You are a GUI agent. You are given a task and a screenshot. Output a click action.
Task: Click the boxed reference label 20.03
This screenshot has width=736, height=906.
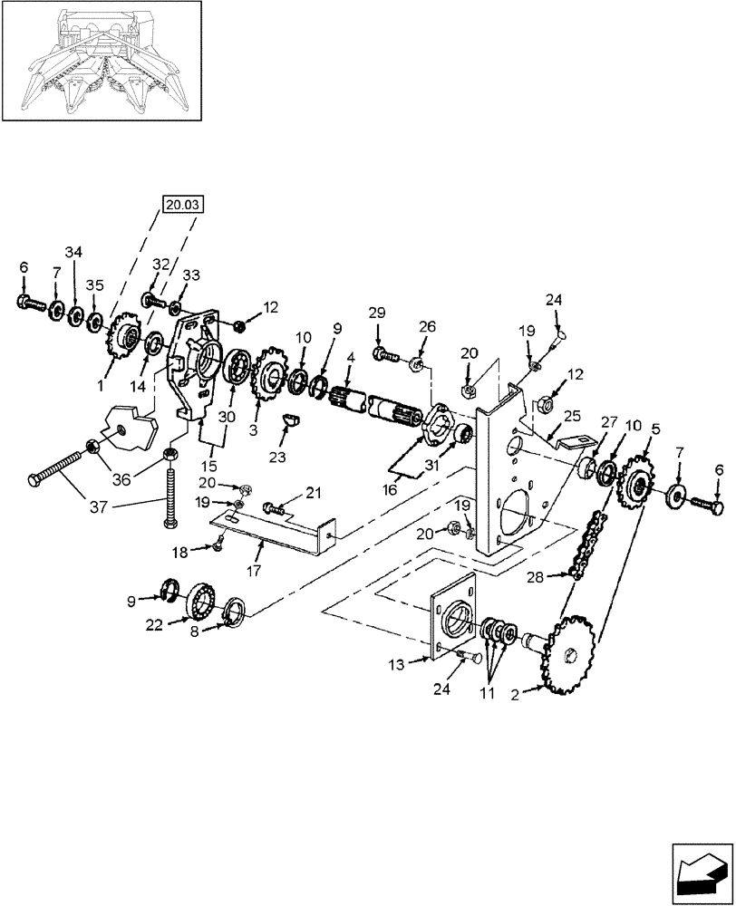184,205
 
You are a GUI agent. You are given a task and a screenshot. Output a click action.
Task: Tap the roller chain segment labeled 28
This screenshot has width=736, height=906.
585,545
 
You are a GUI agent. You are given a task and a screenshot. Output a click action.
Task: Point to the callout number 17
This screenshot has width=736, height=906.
254,572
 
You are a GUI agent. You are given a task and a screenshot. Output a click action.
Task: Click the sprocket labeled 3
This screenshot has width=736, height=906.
270,377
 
